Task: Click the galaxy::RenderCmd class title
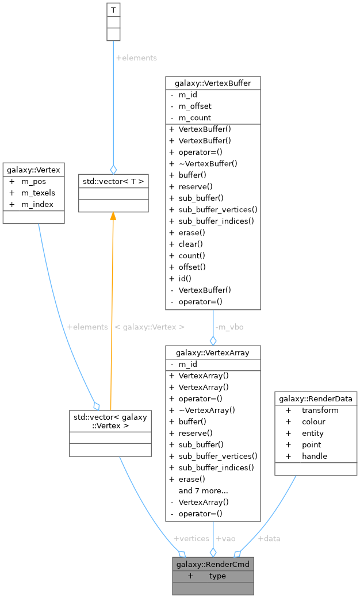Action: point(213,564)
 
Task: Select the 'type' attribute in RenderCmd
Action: point(217,576)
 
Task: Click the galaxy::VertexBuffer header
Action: point(213,83)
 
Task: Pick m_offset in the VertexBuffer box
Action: point(195,106)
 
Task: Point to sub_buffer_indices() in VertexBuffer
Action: point(216,221)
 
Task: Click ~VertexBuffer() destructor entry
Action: point(208,163)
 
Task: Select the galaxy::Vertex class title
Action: point(32,170)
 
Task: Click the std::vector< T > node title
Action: point(113,182)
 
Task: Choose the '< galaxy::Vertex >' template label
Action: point(150,327)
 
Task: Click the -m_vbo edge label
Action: point(229,327)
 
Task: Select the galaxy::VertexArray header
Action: point(213,352)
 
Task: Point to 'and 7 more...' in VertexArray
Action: point(203,490)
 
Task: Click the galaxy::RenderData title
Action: point(316,398)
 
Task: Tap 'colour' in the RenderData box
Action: point(313,421)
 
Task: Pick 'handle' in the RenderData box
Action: point(315,456)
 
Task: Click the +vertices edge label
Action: point(191,538)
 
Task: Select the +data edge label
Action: point(269,538)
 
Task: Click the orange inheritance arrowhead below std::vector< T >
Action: point(113,216)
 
